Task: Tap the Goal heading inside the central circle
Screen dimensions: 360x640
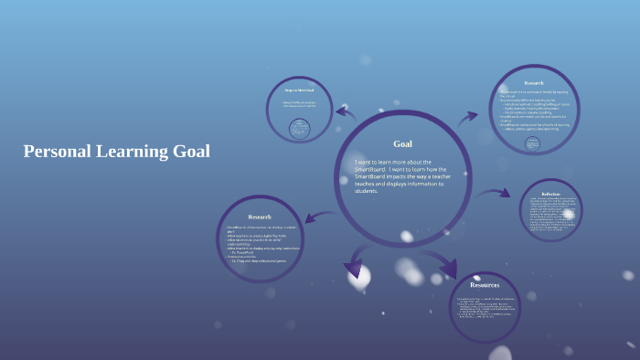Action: click(402, 143)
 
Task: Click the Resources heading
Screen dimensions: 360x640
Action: click(485, 285)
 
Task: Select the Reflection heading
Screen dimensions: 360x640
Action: click(550, 194)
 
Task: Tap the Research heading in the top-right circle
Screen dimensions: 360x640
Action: click(534, 83)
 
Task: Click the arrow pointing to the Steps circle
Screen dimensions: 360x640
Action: click(345, 112)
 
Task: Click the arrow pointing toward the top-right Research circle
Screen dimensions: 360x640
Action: click(468, 116)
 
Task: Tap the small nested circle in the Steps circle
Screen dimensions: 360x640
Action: click(298, 129)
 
